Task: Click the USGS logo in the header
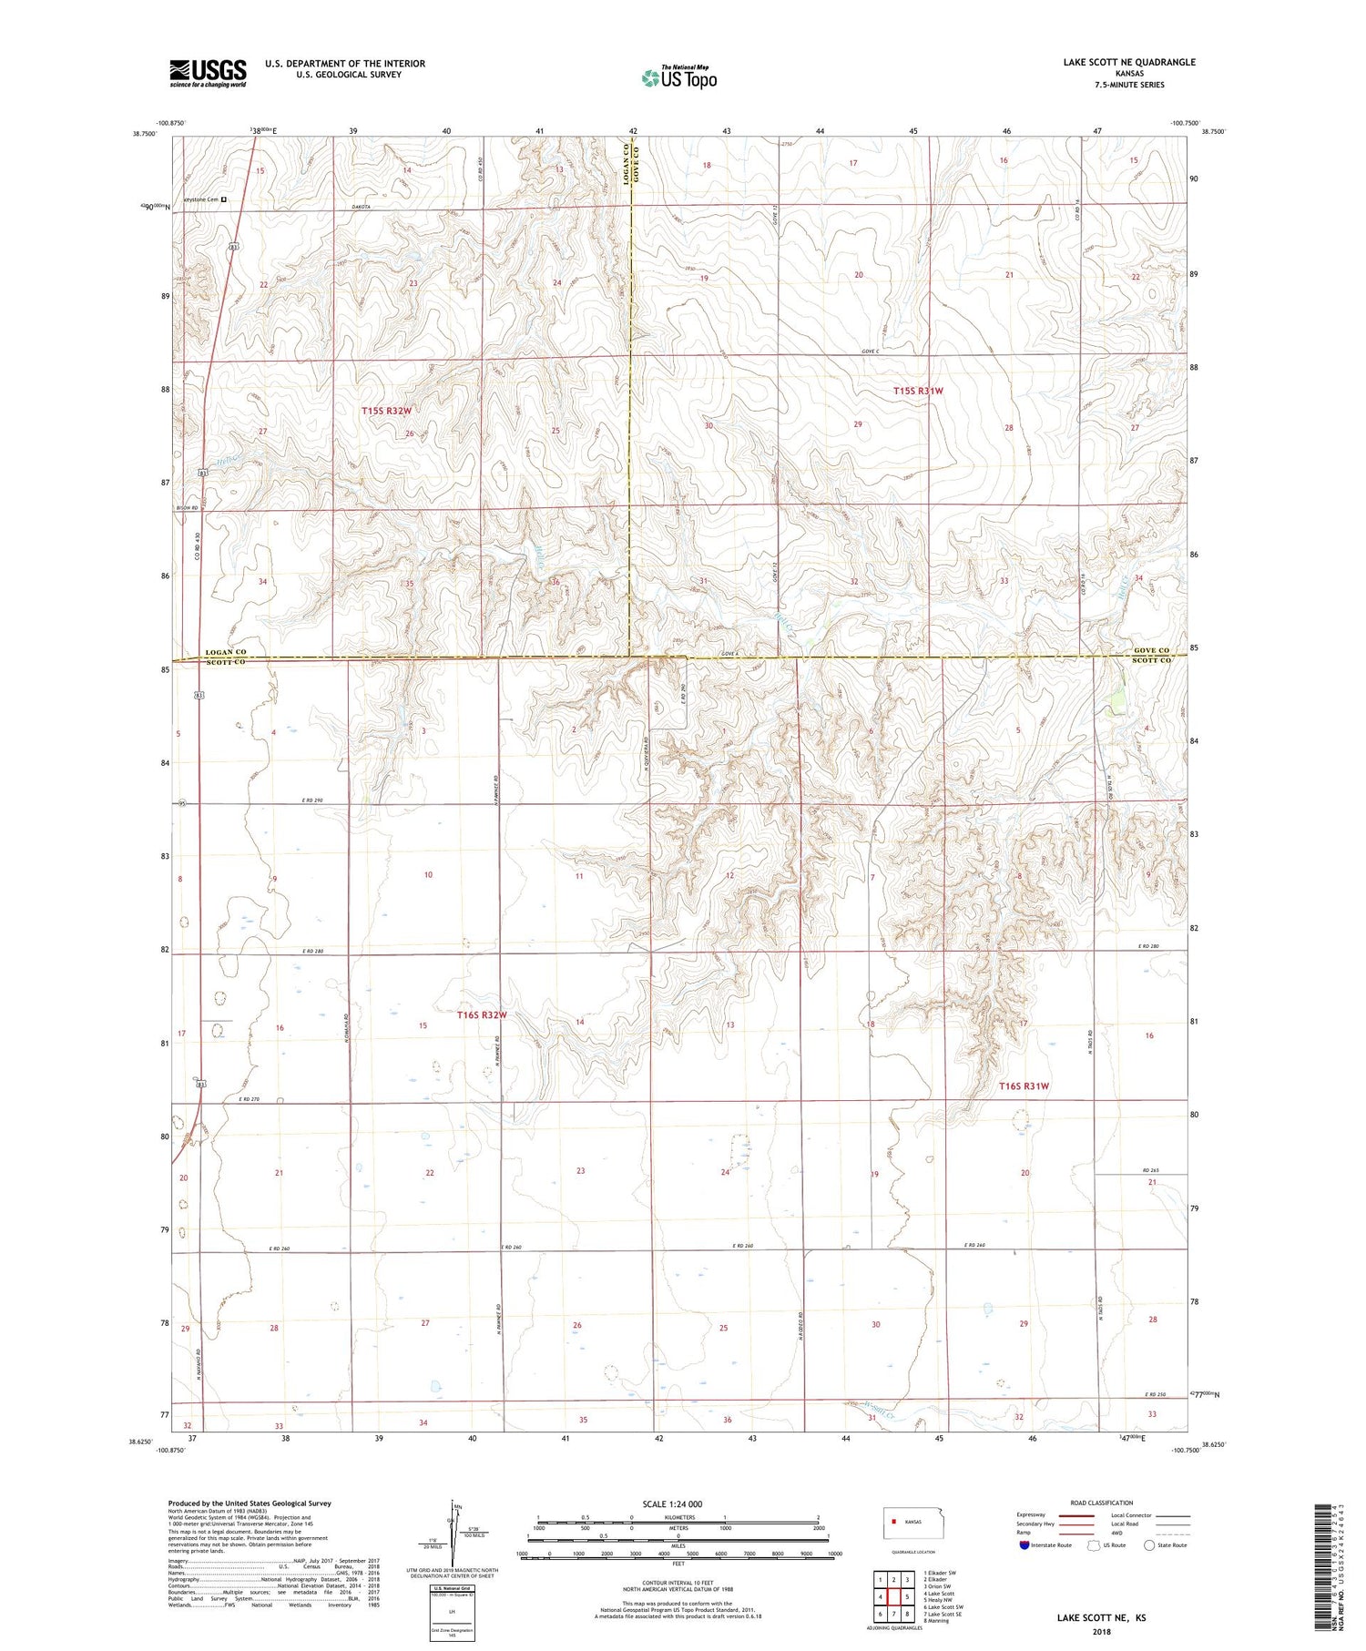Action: tap(208, 72)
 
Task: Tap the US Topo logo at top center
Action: tap(678, 77)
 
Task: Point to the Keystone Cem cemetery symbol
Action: tap(224, 199)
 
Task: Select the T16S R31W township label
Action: tap(1024, 1085)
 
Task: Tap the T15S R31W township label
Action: tap(918, 391)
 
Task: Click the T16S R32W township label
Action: tap(481, 1014)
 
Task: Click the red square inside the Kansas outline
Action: tap(894, 1521)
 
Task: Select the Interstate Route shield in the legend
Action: tap(1024, 1545)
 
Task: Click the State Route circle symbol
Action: tap(1149, 1545)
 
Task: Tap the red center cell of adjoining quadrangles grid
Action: tap(894, 1596)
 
